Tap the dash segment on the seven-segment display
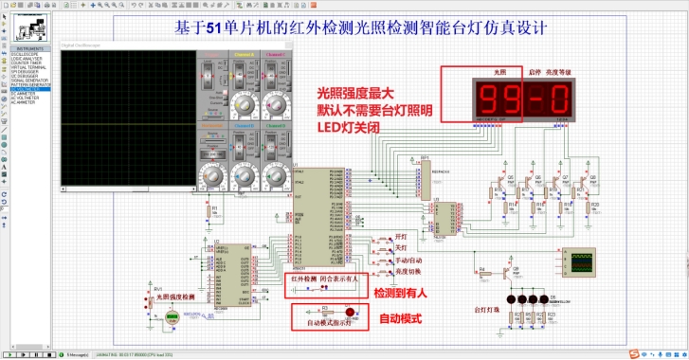pyautogui.click(x=534, y=99)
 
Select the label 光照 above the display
pyautogui.click(x=501, y=72)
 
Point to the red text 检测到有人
pyautogui.click(x=400, y=294)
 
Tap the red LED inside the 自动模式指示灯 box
pyautogui.click(x=351, y=312)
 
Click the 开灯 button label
pyautogui.click(x=400, y=238)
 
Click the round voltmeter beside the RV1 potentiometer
pyautogui.click(x=172, y=319)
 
